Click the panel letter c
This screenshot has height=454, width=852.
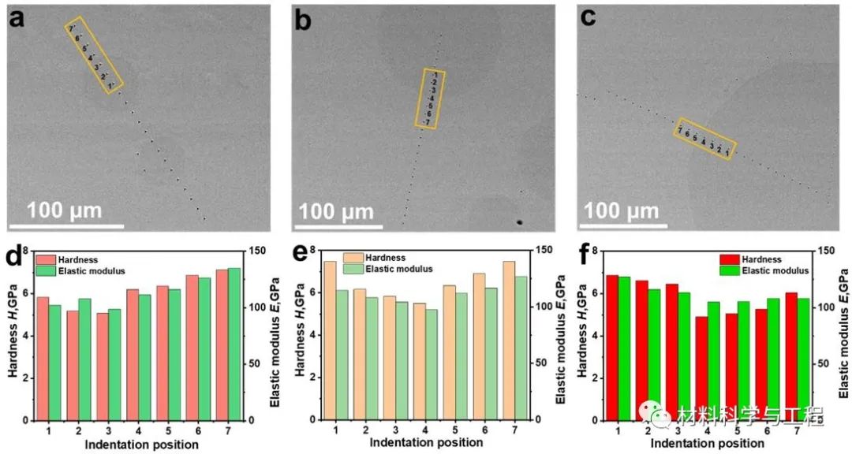click(x=587, y=19)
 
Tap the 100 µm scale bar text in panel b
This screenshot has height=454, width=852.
click(x=338, y=211)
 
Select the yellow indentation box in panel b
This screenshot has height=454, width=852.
click(x=430, y=99)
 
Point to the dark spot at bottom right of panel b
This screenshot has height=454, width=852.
click(x=519, y=222)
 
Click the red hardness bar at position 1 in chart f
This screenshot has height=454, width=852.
click(x=612, y=347)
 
